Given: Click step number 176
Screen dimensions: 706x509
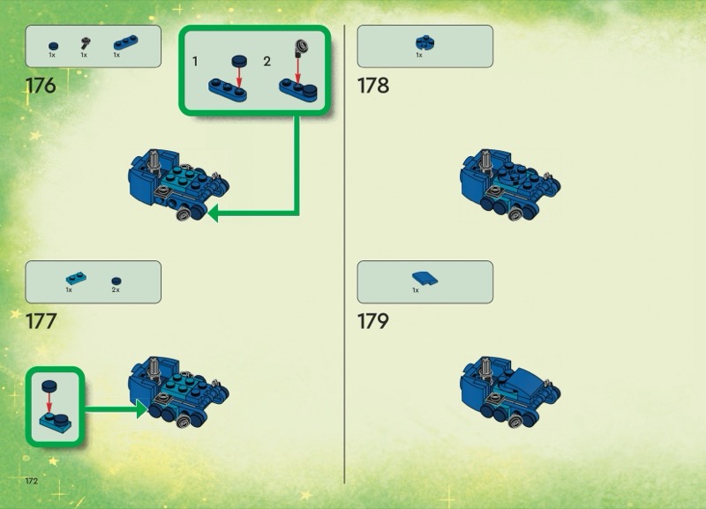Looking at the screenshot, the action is point(41,86).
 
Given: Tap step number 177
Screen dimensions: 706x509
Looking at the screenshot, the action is point(41,321).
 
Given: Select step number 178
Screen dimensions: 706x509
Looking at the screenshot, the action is point(373,86).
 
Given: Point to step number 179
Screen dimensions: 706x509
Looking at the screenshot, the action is point(373,321).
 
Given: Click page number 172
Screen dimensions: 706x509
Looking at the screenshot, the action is point(32,481).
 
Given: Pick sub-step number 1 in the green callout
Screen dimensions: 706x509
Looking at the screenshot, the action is point(195,61).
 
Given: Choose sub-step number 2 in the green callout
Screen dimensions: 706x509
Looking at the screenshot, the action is point(267,61).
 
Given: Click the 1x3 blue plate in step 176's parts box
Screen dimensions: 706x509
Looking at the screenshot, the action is point(125,42).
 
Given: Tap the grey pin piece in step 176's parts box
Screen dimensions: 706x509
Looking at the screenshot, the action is point(85,43).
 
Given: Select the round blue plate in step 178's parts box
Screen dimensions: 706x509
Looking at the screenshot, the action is point(425,42).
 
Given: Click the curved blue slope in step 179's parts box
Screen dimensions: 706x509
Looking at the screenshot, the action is point(424,278).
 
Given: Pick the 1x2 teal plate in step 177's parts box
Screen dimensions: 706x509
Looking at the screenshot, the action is point(76,278).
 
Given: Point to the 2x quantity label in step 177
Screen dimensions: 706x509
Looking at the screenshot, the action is point(116,290).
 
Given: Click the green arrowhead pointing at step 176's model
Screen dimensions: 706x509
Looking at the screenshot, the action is point(213,213).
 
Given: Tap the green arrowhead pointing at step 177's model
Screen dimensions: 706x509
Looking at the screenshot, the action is point(142,409).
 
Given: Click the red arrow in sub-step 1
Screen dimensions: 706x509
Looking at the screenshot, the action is point(239,77).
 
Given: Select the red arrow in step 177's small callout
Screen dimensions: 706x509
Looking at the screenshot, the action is point(49,402).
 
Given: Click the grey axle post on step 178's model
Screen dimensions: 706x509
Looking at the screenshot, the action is point(485,161).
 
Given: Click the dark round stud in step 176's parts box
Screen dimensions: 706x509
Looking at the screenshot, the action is point(53,46).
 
